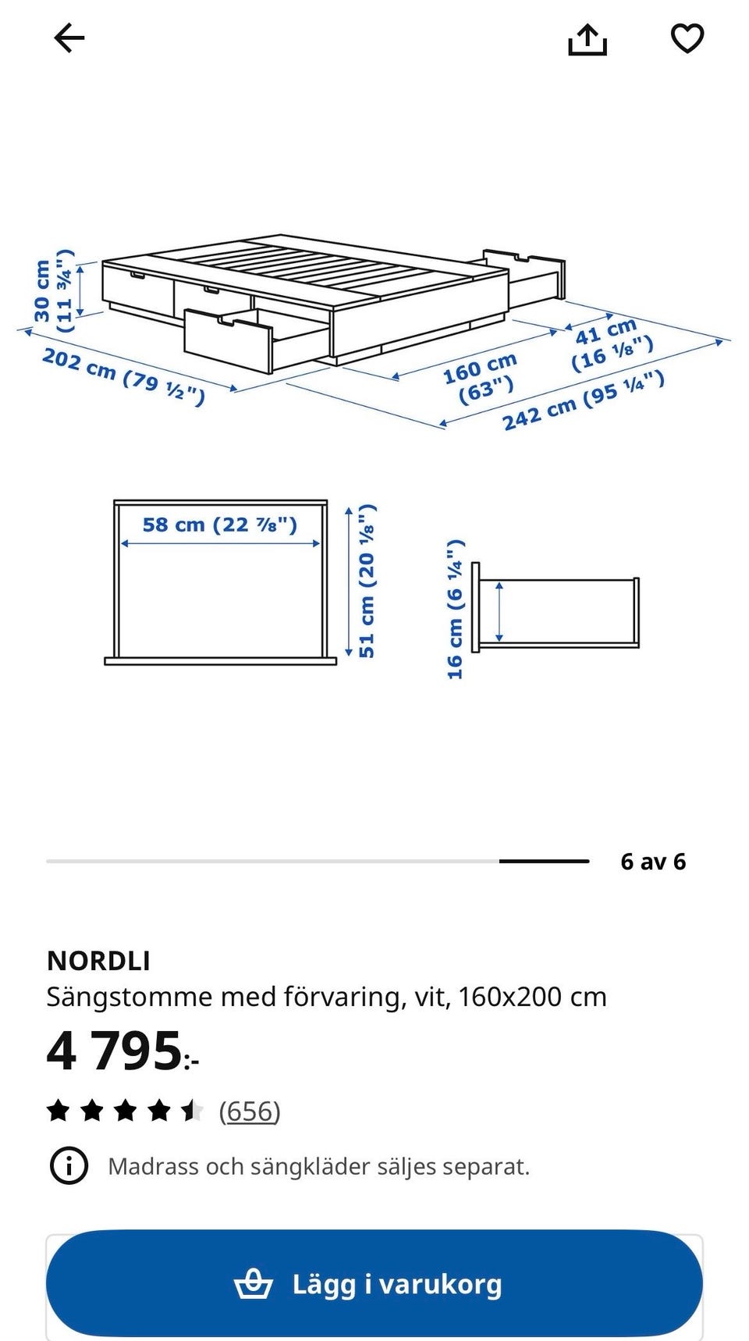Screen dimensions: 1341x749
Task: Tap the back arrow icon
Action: click(69, 38)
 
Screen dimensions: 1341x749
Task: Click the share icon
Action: click(587, 39)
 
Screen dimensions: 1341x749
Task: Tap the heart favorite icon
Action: click(687, 38)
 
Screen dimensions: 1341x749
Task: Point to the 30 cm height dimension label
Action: click(54, 290)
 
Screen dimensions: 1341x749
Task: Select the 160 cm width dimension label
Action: click(481, 377)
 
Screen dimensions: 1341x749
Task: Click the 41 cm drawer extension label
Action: click(610, 344)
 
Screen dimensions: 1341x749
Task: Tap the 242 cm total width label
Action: click(583, 400)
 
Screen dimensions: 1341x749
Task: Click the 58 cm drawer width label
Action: click(219, 525)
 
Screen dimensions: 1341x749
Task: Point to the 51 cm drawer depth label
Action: click(367, 581)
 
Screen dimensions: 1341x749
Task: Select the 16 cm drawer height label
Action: click(456, 609)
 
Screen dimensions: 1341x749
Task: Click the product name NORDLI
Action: click(98, 961)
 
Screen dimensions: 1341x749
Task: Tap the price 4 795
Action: click(115, 1051)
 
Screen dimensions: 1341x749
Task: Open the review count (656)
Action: click(249, 1111)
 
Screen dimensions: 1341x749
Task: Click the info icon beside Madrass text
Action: click(69, 1166)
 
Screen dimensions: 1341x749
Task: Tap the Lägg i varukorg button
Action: click(374, 1283)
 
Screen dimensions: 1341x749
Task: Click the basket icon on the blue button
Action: click(254, 1284)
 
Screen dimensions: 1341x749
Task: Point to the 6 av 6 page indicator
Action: click(652, 862)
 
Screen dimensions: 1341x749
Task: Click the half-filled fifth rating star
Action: click(191, 1110)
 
